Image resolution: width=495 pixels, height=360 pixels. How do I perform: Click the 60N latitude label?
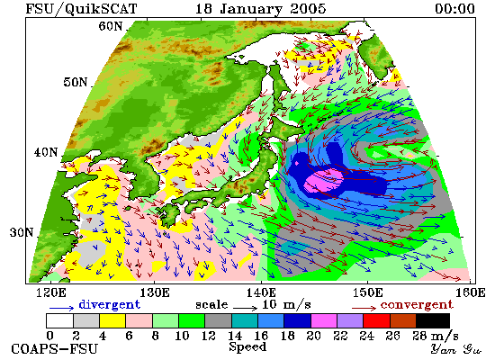coord(110,26)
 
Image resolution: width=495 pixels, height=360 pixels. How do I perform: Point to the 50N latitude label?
coord(75,82)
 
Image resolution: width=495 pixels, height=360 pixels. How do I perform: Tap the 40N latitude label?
coord(46,152)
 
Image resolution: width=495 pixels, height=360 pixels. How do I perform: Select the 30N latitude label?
coord(22,232)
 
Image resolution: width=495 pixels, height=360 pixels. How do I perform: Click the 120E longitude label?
coord(51,292)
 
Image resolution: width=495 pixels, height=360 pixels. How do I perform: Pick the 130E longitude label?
coord(155,292)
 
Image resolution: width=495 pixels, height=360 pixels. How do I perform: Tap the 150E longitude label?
coord(367,292)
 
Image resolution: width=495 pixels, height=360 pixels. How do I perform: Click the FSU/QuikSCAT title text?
coord(81,9)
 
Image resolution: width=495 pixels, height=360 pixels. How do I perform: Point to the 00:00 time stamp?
coord(454,9)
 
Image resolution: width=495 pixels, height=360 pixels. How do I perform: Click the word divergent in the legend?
coord(109,304)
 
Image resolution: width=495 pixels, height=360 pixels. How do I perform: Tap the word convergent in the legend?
coord(417,305)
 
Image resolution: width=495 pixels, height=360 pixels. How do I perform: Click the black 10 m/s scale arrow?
coord(246,307)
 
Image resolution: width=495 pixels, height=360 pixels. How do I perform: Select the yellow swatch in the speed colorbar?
coord(112,320)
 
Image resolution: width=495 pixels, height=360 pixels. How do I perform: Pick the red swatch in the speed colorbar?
coord(376,320)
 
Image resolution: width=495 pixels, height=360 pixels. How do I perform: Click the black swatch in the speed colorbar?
coord(433,320)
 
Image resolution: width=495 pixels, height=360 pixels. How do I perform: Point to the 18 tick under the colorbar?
coord(288,336)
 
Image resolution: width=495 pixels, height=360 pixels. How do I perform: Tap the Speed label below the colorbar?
coord(247,347)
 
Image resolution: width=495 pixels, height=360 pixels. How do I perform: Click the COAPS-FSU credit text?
coord(55,349)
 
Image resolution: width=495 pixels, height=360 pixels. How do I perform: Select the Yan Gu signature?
coord(456,349)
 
